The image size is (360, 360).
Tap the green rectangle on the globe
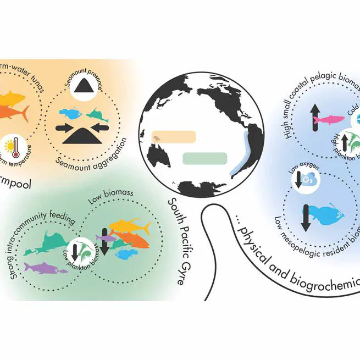click(204, 159)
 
